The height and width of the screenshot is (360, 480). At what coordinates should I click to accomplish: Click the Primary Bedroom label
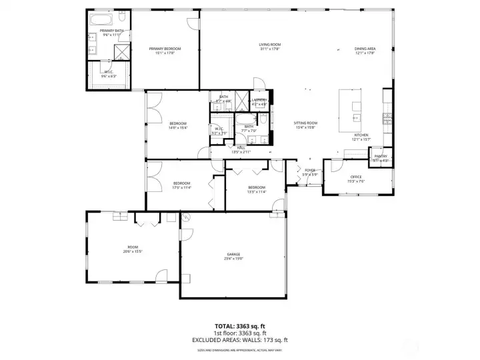coord(165,49)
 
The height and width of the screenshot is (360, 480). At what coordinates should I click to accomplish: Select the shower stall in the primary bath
coord(121,52)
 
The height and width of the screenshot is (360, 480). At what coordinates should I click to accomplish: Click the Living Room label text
coord(269,45)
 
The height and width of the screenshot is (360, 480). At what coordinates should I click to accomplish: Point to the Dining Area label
coord(365,49)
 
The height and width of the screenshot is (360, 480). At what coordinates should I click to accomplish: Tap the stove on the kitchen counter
coord(387,119)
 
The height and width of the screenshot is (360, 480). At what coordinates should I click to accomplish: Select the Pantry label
coord(380,156)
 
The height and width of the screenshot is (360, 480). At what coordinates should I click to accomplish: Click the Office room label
coord(356,177)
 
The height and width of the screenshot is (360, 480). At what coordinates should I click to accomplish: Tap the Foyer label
coord(309,171)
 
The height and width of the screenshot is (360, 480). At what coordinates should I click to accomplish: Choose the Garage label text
coord(233,255)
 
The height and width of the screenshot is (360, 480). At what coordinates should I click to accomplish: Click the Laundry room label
coord(259,100)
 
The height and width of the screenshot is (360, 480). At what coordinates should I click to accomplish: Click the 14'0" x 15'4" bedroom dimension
coord(178,128)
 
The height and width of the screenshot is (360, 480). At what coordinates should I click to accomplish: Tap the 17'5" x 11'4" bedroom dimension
coord(182,188)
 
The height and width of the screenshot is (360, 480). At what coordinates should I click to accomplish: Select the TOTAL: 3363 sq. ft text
coord(239,327)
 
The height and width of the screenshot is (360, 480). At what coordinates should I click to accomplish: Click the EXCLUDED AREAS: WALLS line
coord(239,340)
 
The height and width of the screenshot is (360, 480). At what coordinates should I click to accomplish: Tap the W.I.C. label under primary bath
coord(109,71)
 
